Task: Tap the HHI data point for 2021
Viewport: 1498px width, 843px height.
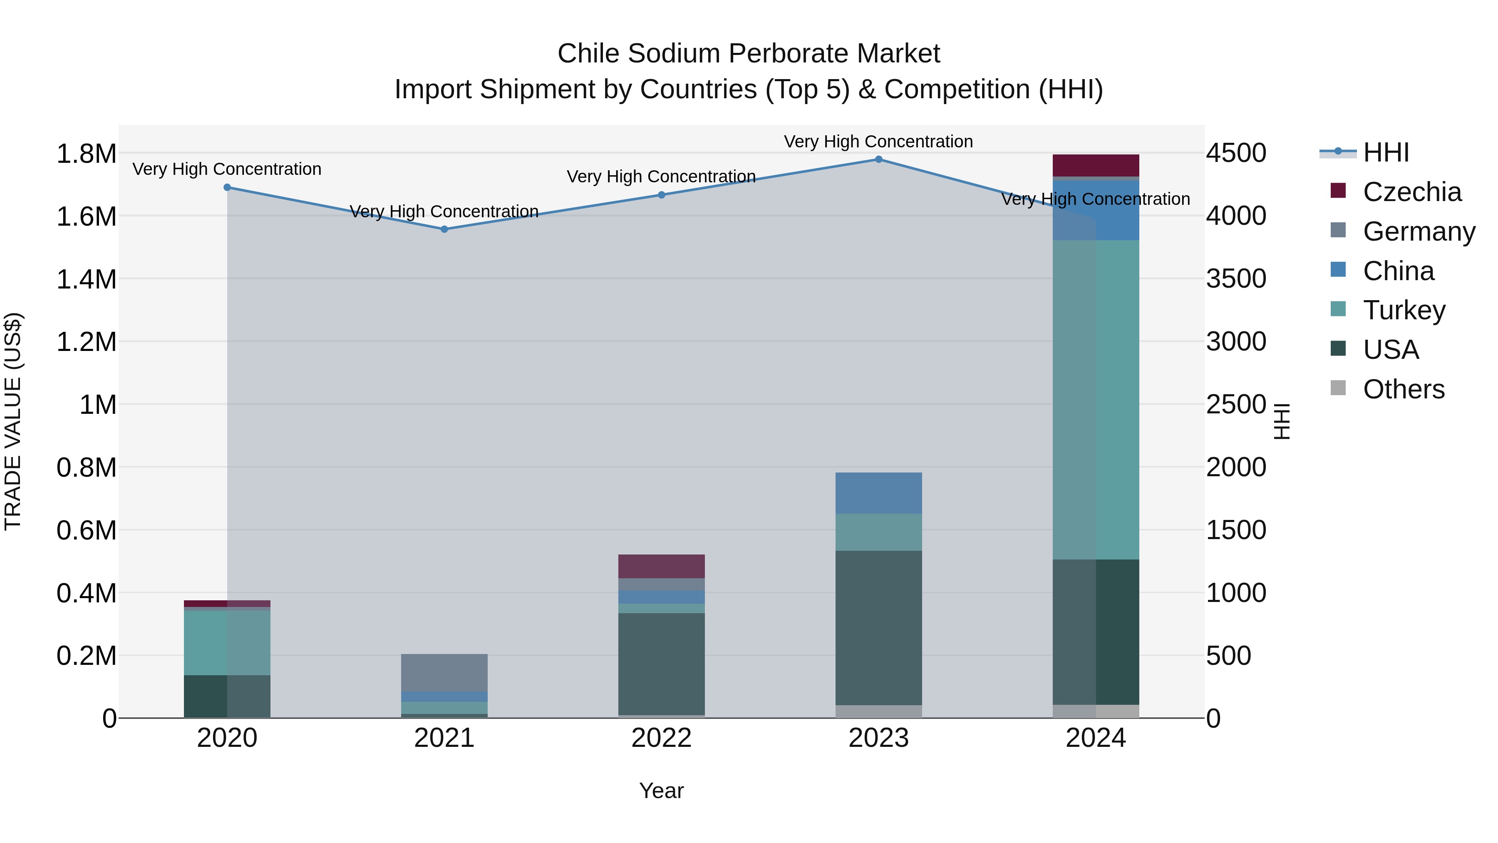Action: pyautogui.click(x=444, y=229)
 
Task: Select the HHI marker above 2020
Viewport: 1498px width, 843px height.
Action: pyautogui.click(x=227, y=187)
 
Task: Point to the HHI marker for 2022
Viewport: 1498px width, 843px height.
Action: pyautogui.click(x=661, y=195)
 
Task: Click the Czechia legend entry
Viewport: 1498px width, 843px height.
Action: pyautogui.click(x=1411, y=192)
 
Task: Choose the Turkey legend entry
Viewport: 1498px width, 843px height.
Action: pyautogui.click(x=1404, y=310)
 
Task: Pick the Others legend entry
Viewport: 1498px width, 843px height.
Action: pyautogui.click(x=1403, y=389)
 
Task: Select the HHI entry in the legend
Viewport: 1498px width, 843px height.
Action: pyautogui.click(x=1386, y=152)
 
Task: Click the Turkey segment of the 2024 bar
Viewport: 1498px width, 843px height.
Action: pyautogui.click(x=1096, y=400)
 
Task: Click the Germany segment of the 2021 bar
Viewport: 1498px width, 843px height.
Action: pyautogui.click(x=444, y=673)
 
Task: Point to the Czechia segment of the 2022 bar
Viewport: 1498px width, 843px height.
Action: pyautogui.click(x=661, y=566)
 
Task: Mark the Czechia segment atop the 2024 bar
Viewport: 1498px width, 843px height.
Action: pyautogui.click(x=1096, y=165)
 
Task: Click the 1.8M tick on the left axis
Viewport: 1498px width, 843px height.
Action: pyautogui.click(x=86, y=154)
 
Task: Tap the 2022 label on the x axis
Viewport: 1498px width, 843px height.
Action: pyautogui.click(x=661, y=738)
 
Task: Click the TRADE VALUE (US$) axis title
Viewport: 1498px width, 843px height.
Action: pyautogui.click(x=13, y=421)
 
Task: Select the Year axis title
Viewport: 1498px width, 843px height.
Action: pyautogui.click(x=661, y=791)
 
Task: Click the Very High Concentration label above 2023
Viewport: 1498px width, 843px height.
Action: pyautogui.click(x=878, y=142)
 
